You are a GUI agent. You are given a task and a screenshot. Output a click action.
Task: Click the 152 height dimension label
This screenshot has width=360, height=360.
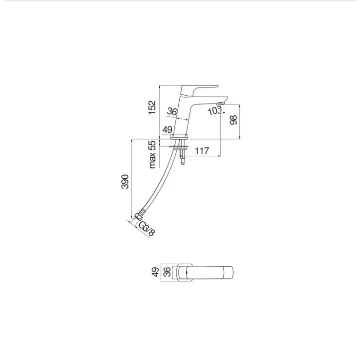pos(152,107)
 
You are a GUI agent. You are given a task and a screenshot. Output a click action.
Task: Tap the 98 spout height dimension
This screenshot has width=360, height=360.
pos(233,120)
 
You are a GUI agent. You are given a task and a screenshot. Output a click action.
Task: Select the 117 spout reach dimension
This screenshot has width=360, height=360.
pos(202,151)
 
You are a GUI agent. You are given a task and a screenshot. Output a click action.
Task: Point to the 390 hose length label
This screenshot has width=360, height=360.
pos(125,182)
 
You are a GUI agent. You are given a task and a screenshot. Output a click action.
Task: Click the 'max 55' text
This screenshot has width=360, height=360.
pos(152,154)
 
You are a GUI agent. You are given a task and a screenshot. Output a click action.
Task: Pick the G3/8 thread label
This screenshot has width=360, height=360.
pos(147,229)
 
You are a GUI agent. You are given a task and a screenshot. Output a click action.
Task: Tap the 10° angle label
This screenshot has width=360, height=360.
pos(214,111)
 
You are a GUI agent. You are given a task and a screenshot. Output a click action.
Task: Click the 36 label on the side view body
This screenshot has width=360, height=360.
pos(172,111)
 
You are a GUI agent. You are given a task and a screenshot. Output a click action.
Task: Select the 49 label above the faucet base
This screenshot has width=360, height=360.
pos(168,130)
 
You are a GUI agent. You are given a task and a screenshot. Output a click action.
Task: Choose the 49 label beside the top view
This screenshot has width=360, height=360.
pos(156,272)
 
